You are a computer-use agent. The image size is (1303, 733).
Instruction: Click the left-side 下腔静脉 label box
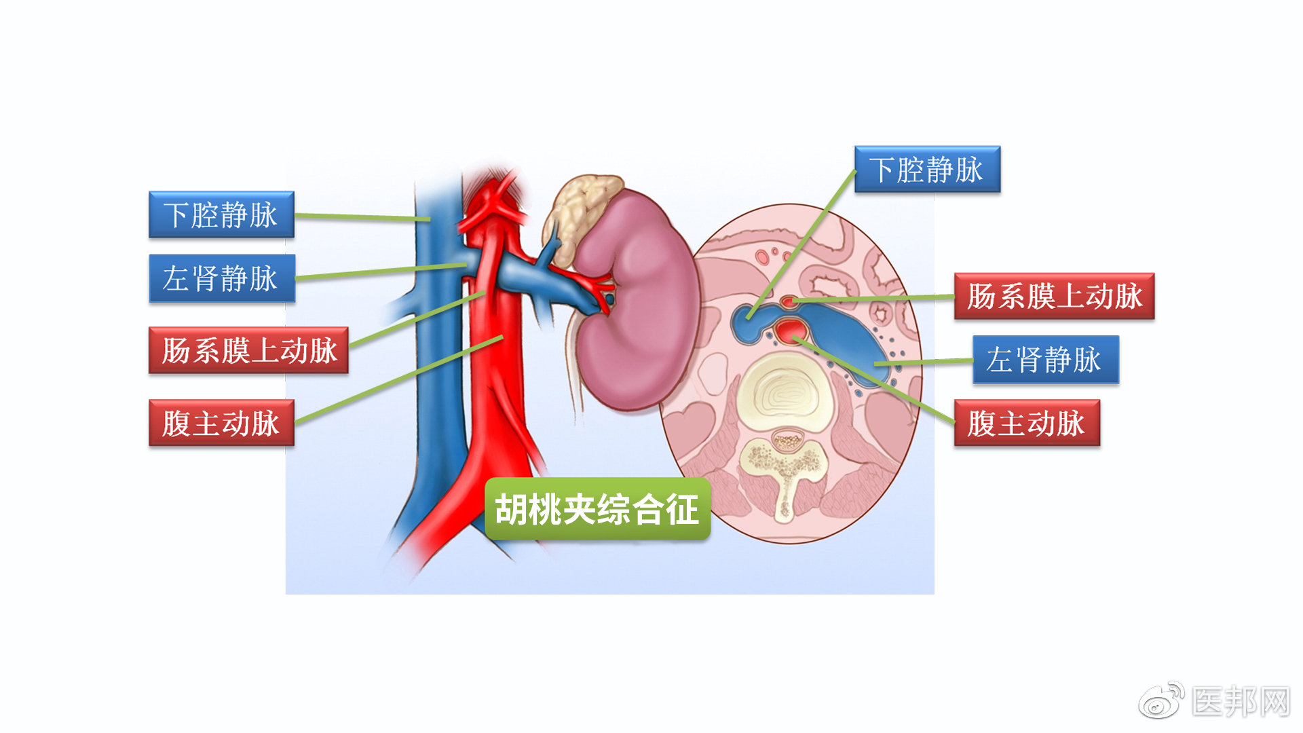pos(221,214)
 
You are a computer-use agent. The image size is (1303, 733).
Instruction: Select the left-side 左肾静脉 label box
pos(222,278)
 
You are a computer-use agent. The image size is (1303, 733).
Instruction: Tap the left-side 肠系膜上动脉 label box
pos(248,350)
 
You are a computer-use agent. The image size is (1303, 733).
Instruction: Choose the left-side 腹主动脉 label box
pos(221,423)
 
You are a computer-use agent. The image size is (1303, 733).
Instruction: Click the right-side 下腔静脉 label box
pos(927,170)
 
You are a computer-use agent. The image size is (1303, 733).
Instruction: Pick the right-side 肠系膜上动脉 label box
pos(1054,297)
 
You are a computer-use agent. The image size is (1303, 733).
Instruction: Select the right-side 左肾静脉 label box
pos(1045,360)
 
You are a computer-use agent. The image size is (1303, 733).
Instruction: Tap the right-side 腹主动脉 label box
pos(1027,423)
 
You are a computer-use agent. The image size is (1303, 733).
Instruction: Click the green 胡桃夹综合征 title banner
pos(597,509)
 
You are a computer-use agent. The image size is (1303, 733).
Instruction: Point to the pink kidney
pos(635,305)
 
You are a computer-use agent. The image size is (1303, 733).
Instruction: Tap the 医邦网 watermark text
pos(1241,702)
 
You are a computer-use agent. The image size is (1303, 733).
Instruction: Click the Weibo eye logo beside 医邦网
pos(1162,701)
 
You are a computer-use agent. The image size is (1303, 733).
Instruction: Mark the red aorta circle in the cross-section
pos(791,331)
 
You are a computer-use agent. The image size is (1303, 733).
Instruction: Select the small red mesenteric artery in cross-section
pos(789,301)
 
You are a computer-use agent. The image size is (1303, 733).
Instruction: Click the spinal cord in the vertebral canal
pos(787,442)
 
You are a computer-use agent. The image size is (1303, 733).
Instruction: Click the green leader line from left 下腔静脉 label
pos(362,217)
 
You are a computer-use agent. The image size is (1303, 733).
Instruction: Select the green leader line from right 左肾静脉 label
pos(923,362)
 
